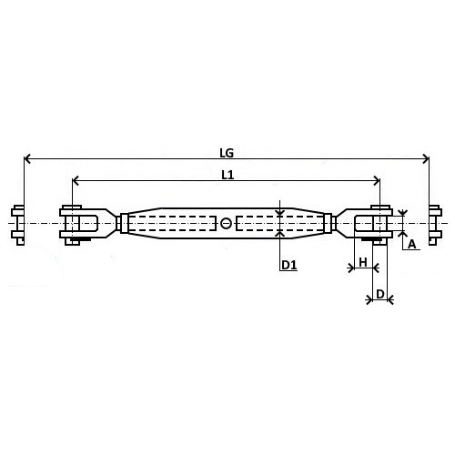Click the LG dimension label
click(x=227, y=153)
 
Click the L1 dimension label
click(x=227, y=175)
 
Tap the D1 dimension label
click(x=288, y=266)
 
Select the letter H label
click(x=363, y=262)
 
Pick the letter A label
click(x=411, y=244)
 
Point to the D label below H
click(x=380, y=294)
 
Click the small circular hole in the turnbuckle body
click(x=226, y=224)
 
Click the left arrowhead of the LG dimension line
click(x=27, y=158)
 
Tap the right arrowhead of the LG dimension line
click(x=426, y=158)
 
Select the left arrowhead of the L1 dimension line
click(x=76, y=181)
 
